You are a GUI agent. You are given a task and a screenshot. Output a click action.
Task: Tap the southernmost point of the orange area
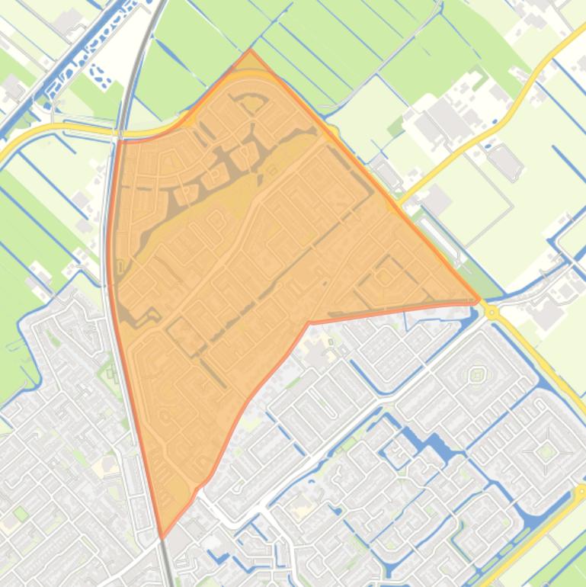162,537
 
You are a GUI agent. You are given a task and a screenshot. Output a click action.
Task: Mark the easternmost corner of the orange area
479,300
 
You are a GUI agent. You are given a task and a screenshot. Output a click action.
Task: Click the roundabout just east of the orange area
492,312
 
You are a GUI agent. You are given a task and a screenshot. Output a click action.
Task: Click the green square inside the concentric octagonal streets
477,374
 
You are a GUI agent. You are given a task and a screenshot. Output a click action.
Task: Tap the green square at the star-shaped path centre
546,451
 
